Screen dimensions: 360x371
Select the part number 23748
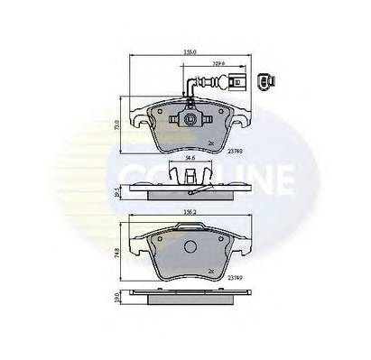coord(236,152)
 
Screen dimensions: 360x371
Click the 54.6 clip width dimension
coord(190,161)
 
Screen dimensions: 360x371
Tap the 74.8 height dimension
coord(117,255)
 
